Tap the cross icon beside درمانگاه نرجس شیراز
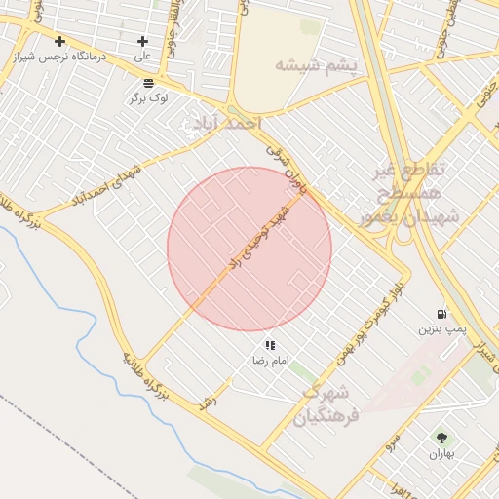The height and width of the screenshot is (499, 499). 60,41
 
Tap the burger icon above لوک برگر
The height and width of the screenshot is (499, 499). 147,84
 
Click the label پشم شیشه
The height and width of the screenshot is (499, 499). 316,65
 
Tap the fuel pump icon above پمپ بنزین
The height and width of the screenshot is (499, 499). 442,314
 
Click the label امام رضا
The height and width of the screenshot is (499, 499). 269,360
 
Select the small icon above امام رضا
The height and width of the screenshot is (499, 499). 269,345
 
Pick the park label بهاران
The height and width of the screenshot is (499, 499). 442,454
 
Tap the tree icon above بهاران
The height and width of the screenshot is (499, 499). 442,439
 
